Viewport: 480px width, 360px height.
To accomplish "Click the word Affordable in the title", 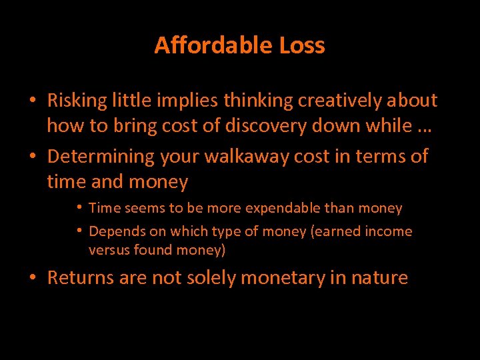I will point(207,45).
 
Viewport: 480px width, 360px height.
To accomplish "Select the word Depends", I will point(113,232).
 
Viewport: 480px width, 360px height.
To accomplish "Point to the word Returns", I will point(81,277).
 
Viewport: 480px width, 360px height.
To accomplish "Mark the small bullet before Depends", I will point(80,231).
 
